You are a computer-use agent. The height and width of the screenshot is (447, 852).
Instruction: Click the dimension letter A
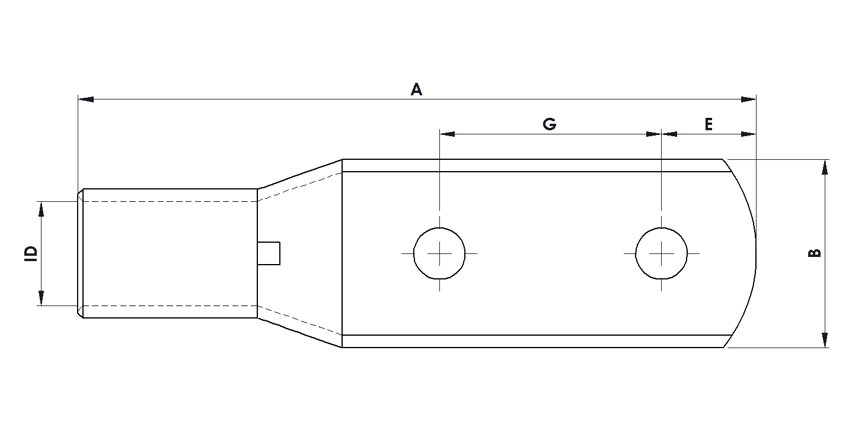tap(416, 89)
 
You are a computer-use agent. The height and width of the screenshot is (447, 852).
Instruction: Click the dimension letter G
tap(550, 124)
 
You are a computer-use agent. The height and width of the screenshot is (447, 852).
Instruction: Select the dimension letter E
tap(708, 124)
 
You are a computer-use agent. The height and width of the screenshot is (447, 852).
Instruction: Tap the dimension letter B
tap(815, 253)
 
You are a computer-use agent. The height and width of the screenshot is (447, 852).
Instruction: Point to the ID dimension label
tap(31, 253)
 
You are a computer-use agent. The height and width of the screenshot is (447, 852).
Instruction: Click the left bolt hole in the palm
tap(439, 253)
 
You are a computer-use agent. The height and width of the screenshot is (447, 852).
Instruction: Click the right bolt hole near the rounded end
tap(662, 253)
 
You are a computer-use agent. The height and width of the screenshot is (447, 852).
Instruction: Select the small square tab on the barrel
tap(270, 253)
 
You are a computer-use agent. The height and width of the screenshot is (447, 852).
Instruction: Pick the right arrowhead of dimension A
tap(749, 99)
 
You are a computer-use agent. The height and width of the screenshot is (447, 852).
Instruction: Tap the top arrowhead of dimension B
tap(825, 167)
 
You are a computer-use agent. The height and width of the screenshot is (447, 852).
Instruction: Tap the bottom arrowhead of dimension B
tap(825, 340)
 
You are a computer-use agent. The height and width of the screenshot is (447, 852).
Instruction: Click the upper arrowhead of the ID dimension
tap(41, 208)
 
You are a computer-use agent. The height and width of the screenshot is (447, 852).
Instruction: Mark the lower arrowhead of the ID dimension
tap(41, 298)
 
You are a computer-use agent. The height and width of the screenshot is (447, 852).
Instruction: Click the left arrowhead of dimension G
tap(447, 134)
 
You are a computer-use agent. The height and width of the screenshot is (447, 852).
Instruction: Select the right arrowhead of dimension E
tap(749, 134)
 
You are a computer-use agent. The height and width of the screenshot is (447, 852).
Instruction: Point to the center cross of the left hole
tap(439, 253)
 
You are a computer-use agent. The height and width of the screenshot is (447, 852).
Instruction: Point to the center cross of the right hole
tap(662, 253)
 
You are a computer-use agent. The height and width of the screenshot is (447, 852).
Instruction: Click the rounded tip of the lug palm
tap(754, 253)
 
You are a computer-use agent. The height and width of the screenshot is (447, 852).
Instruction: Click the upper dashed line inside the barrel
tap(169, 202)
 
